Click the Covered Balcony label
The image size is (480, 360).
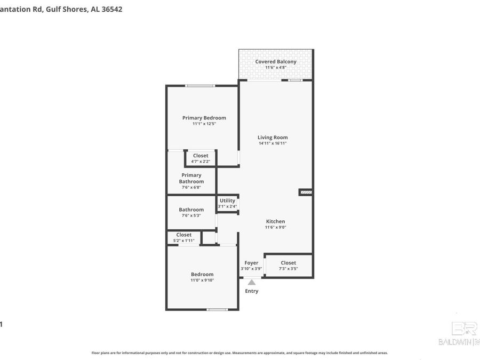(276, 62)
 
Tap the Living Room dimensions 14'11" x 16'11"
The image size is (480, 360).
(273, 143)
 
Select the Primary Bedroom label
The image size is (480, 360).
(204, 118)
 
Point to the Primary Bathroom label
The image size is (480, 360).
(191, 178)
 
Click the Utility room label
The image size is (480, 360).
(227, 201)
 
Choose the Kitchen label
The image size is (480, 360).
(276, 221)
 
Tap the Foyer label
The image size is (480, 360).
(251, 263)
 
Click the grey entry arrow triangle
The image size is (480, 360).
(251, 282)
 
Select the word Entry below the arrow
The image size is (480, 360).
(251, 291)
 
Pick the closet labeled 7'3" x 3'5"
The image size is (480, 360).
(288, 266)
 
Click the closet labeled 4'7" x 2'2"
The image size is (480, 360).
(201, 158)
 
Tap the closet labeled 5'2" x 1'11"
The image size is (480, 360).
(184, 238)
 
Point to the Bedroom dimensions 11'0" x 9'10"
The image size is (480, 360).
(202, 280)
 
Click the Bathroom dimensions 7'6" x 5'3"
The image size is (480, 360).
(191, 215)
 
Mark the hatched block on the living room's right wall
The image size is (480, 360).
(306, 192)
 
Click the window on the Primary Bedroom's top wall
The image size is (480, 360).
(200, 86)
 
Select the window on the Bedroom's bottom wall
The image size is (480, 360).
(217, 309)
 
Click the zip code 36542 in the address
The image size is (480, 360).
(111, 9)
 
